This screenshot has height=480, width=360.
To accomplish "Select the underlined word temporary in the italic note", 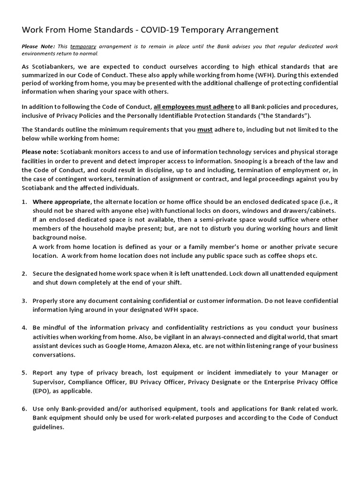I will [83, 46].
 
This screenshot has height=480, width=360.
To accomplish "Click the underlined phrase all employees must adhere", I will [194, 106].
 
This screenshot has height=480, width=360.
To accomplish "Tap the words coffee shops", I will [286, 255].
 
